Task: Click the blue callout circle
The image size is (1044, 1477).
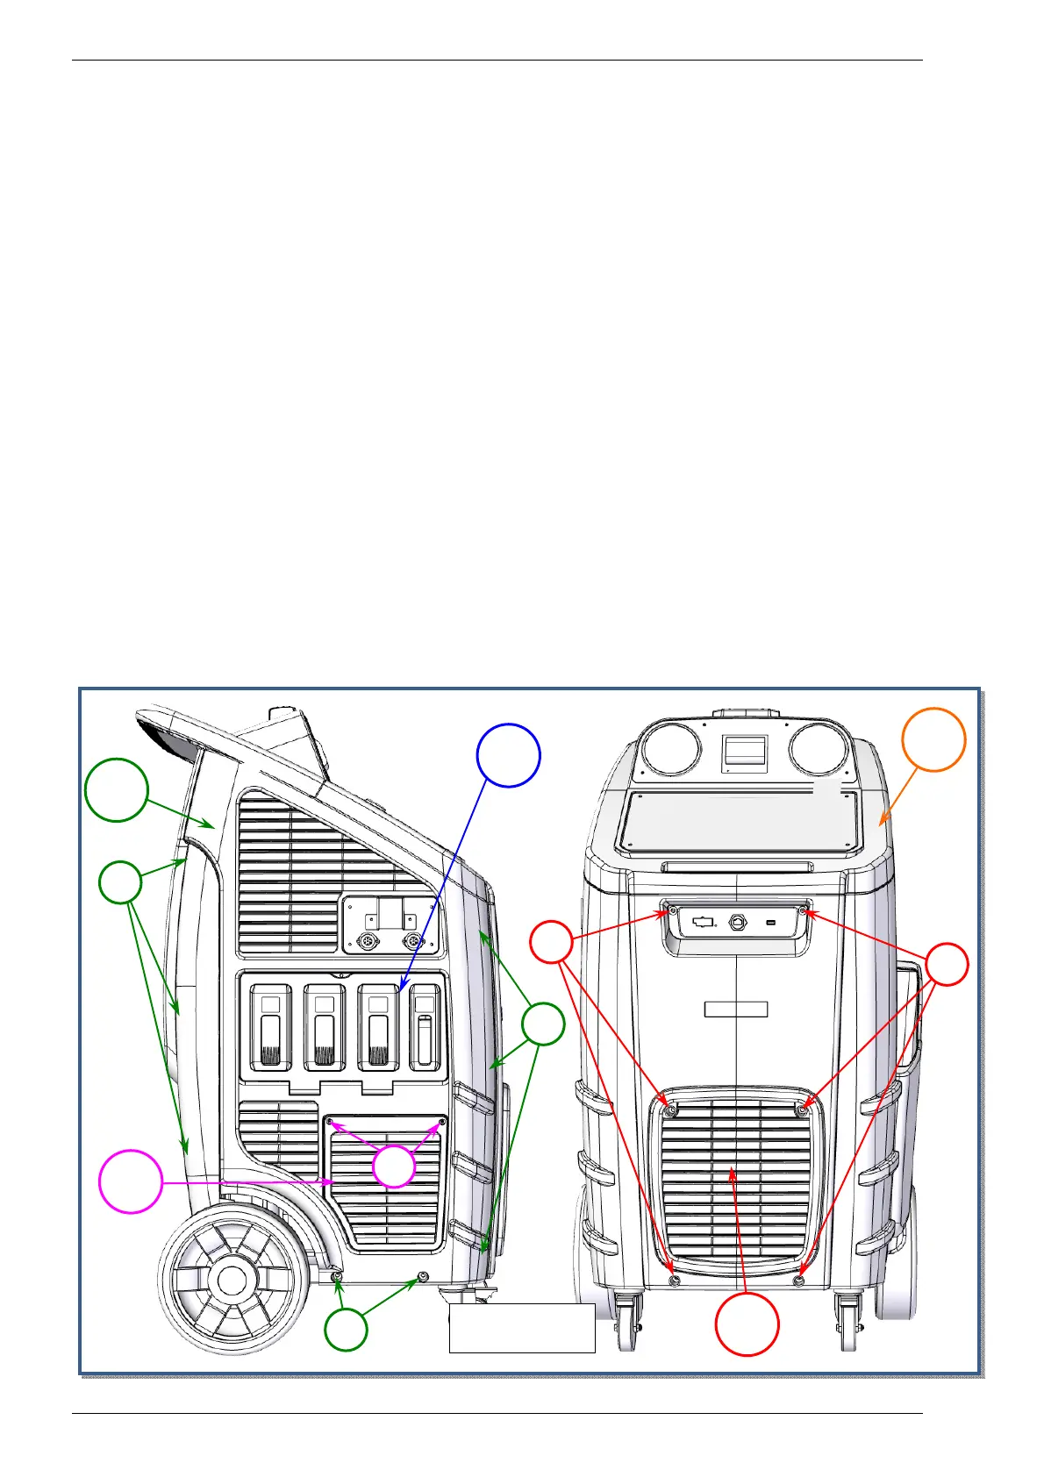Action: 508,755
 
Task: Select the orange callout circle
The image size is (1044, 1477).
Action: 933,739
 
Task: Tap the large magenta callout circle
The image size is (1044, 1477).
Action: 130,1182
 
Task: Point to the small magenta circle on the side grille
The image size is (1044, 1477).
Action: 394,1167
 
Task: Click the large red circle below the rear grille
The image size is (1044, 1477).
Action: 747,1324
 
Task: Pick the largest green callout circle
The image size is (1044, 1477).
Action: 116,789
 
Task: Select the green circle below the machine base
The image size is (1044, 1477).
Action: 346,1330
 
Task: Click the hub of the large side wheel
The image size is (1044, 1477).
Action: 232,1281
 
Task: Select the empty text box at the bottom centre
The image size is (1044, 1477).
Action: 522,1328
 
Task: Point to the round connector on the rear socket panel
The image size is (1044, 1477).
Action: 737,923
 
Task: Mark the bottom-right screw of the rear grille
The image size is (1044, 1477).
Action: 798,1281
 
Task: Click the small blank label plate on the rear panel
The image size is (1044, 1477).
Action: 736,1009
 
